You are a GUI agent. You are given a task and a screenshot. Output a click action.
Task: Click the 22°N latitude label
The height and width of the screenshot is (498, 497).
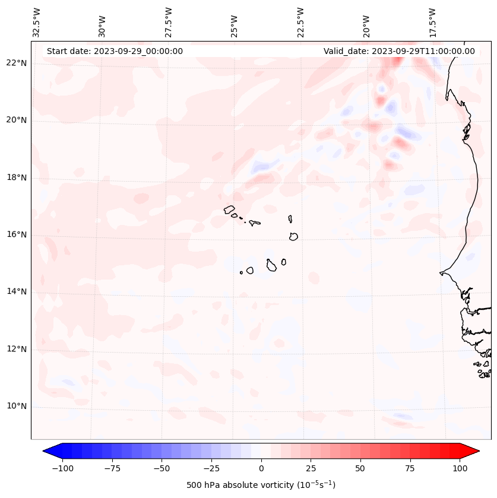coord(17,64)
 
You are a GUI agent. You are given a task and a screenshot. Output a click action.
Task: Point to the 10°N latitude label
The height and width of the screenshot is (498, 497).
coord(17,407)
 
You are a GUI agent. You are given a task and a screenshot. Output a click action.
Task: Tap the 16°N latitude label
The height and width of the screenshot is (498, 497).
coord(17,235)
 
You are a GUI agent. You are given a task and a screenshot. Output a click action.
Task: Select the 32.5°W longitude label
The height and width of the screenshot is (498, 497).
coord(37,23)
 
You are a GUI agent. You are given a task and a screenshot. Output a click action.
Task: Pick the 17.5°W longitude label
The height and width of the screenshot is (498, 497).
coord(432,23)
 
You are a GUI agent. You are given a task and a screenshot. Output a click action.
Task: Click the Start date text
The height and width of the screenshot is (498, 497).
coord(115,51)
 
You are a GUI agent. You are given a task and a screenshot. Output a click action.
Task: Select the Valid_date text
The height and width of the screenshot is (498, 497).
coord(399,51)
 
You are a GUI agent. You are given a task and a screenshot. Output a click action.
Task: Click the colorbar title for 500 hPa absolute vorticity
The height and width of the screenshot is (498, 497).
coord(261,485)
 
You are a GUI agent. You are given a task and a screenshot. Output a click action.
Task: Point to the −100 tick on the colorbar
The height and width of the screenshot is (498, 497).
coord(62,468)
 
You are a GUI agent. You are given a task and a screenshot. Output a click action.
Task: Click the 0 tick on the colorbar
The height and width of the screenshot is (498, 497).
coord(261,468)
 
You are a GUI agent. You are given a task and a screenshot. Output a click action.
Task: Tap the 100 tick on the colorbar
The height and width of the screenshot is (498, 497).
coord(460,468)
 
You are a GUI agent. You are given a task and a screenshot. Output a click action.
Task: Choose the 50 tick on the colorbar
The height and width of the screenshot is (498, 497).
coord(360,468)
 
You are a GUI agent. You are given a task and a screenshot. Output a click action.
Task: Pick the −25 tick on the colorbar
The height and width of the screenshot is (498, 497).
coord(211,468)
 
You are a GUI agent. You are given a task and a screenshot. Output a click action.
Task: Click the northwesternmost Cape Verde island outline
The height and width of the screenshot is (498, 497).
coord(229,210)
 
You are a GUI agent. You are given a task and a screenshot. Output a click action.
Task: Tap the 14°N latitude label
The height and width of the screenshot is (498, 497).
coord(17,291)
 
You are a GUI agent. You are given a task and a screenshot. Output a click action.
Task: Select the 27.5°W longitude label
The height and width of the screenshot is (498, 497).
coord(169,23)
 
